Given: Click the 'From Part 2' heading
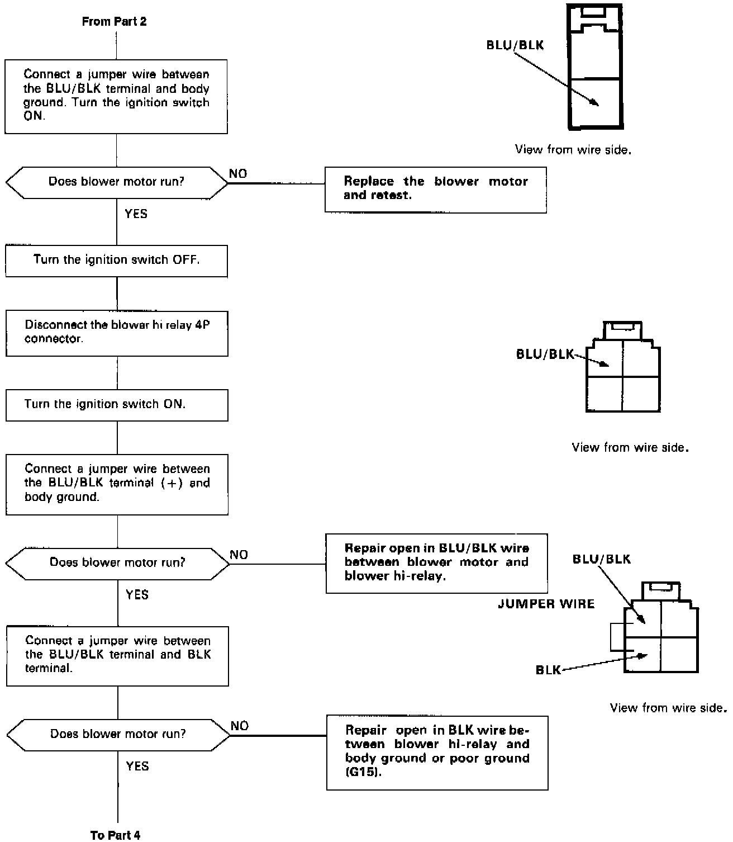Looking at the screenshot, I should click(114, 22).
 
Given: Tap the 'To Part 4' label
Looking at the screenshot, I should click(115, 835).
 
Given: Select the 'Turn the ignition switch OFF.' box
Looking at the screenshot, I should click(116, 260).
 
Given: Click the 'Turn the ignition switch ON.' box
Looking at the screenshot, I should click(116, 404).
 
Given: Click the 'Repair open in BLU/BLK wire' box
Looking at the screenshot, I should click(436, 562).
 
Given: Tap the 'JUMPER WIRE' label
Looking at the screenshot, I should click(546, 604).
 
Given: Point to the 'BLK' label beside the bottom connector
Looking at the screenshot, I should click(548, 670).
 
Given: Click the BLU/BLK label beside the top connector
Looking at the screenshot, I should click(515, 45).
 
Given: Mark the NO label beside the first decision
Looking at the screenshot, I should click(238, 174).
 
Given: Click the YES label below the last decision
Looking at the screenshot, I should click(137, 766).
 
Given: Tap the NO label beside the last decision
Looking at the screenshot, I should click(239, 726).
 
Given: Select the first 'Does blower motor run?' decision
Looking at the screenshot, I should click(116, 182).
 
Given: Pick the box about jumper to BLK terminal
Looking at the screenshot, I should click(117, 655).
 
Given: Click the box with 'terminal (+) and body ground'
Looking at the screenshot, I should click(117, 484).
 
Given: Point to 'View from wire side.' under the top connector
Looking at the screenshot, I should click(573, 150).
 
